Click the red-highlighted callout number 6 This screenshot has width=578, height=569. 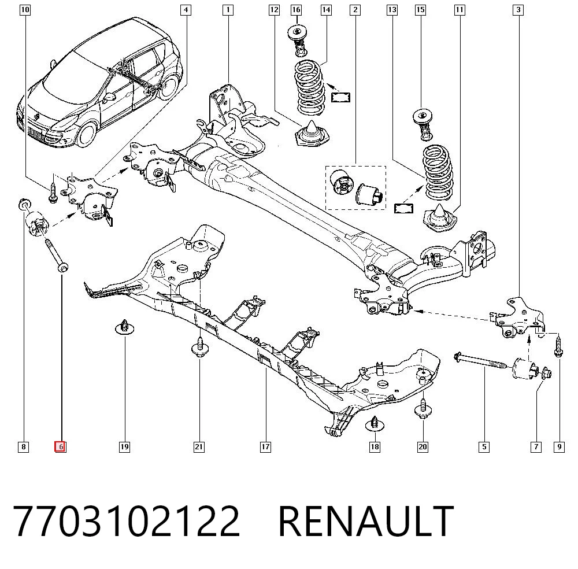(x=61, y=446)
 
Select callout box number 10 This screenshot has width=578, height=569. (x=25, y=10)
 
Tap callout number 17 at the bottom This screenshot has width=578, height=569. (x=265, y=447)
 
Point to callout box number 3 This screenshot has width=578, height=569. (x=518, y=10)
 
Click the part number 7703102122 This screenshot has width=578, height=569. (x=127, y=521)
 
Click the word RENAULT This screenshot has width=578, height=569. (x=366, y=521)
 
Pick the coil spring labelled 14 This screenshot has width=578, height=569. (x=310, y=87)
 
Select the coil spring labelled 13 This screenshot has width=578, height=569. (x=438, y=172)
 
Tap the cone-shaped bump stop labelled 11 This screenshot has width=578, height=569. (x=439, y=219)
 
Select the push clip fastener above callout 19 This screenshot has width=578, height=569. (x=125, y=327)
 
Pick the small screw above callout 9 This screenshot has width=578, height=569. (x=558, y=345)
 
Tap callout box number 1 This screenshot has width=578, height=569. (x=228, y=10)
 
